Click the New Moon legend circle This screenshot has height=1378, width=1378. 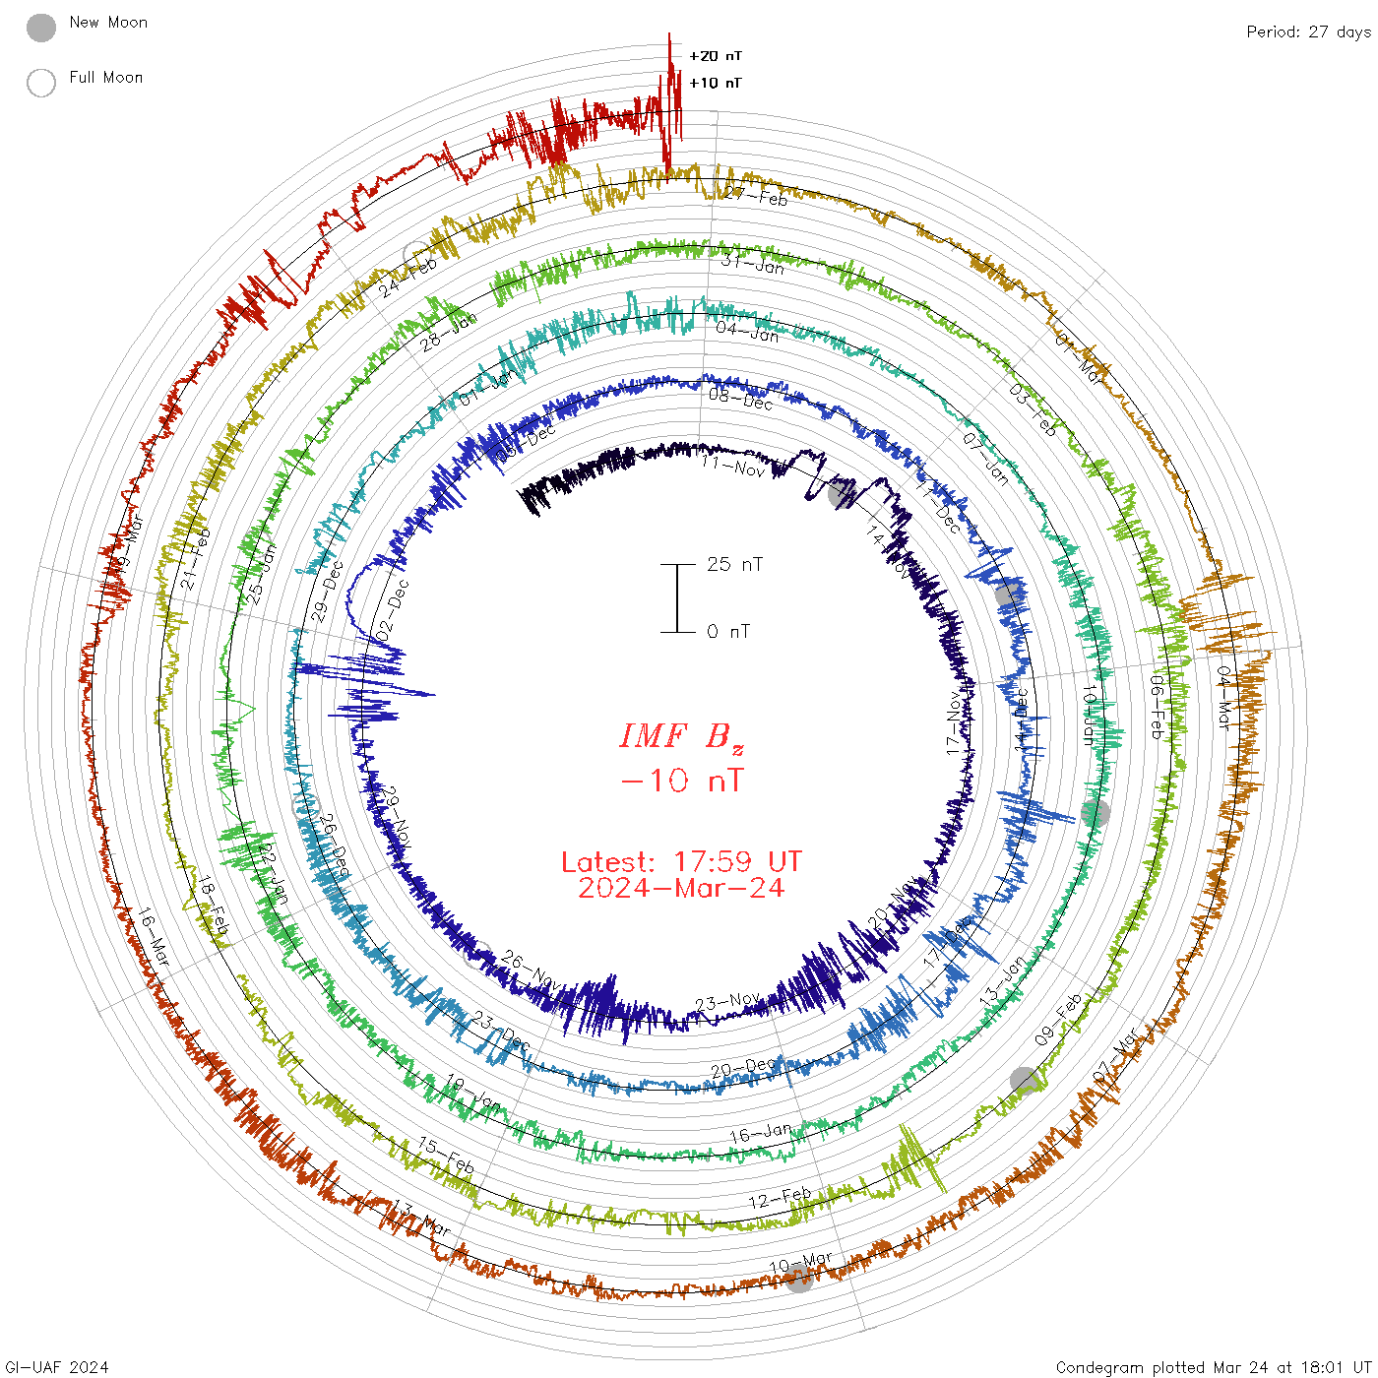click(x=41, y=28)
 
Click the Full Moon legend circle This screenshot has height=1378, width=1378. click(x=41, y=83)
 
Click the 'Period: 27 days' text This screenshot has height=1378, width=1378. click(x=1308, y=32)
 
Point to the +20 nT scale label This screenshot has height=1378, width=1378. click(x=716, y=56)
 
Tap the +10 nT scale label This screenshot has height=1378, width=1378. click(x=716, y=83)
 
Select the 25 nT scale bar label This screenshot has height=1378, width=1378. click(x=734, y=564)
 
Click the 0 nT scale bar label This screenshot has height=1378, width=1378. click(x=728, y=631)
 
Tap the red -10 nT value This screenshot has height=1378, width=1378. click(x=681, y=781)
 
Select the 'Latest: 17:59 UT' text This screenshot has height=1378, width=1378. click(x=681, y=862)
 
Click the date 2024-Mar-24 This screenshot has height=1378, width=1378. click(x=681, y=888)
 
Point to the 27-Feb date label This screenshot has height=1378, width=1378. click(x=756, y=196)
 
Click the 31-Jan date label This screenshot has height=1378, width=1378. click(x=753, y=264)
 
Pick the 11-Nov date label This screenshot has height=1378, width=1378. click(x=733, y=466)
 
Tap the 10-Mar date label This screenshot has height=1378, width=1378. click(x=800, y=1262)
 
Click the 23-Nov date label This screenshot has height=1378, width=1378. click(x=726, y=1003)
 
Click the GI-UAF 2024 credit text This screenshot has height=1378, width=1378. click(x=57, y=1367)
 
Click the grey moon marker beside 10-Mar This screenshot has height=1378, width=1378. click(x=799, y=1279)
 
